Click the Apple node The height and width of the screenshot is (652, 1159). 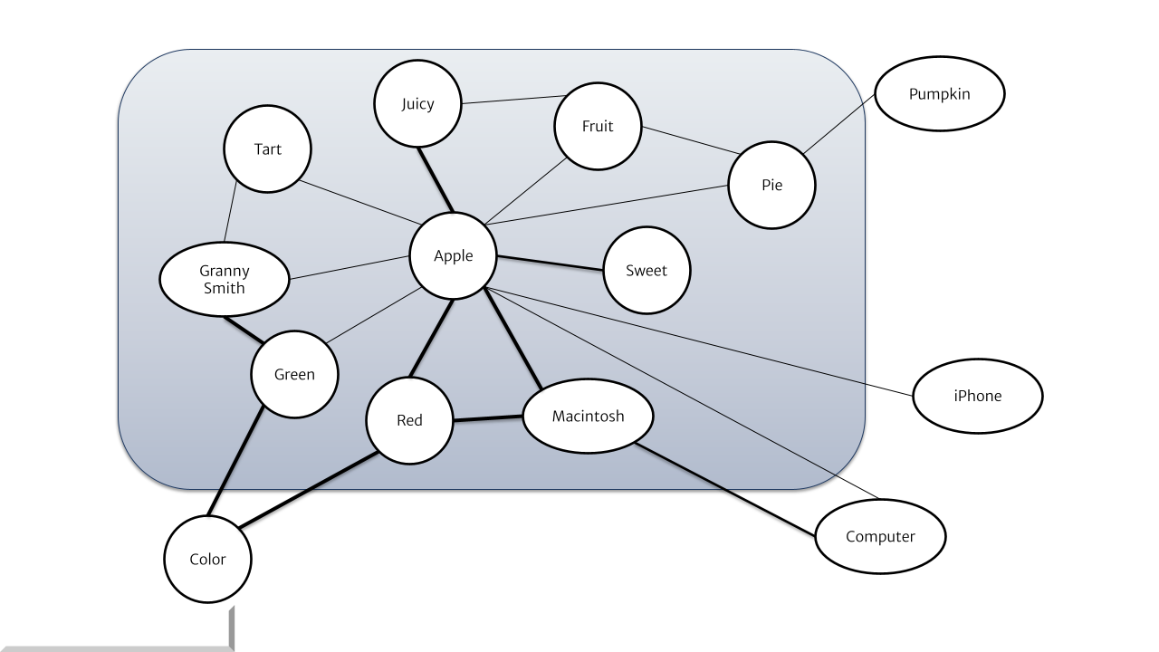point(454,256)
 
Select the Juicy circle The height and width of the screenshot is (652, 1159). point(417,104)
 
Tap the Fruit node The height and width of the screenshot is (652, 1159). point(598,126)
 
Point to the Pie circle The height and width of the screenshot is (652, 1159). point(771,185)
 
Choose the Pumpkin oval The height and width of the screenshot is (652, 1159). point(939,94)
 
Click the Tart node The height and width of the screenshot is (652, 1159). point(268,149)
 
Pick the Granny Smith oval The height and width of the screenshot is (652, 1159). point(224,279)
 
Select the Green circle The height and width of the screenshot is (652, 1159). point(295,374)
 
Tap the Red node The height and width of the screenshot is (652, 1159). point(409,420)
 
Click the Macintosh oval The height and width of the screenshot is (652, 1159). point(588,417)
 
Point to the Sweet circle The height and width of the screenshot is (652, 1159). point(647,270)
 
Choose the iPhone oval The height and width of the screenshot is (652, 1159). point(978,396)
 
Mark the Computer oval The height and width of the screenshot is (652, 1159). point(880,536)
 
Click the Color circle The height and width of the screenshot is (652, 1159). point(207,559)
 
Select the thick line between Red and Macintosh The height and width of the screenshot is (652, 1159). point(488,419)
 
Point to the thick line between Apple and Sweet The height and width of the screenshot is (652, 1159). point(551,263)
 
